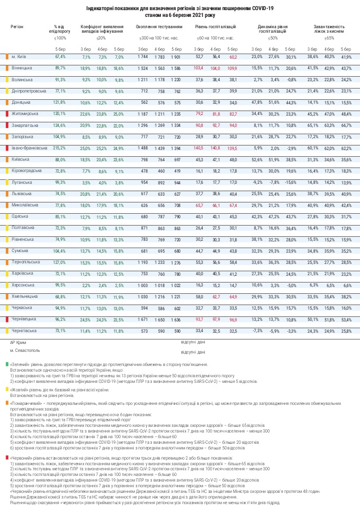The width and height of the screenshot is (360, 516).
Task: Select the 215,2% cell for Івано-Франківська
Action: pyautogui.click(x=60, y=148)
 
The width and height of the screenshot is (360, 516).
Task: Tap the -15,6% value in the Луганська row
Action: pyautogui.click(x=290, y=182)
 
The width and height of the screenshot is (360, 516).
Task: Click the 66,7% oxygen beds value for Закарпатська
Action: pyautogui.click(x=346, y=125)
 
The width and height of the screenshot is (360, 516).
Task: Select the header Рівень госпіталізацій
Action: pyautogui.click(x=216, y=27)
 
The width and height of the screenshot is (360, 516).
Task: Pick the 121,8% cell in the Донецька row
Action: pyautogui.click(x=60, y=102)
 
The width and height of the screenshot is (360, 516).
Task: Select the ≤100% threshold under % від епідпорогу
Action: pyautogui.click(x=60, y=38)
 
